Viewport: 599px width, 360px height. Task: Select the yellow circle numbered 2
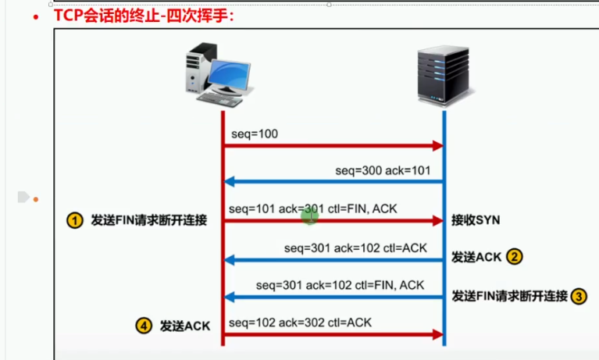(x=514, y=257)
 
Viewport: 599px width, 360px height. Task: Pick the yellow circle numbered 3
(x=579, y=296)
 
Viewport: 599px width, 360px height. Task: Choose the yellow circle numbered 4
(x=143, y=326)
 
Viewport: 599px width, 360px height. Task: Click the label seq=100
(x=255, y=134)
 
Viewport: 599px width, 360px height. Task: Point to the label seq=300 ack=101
(x=383, y=170)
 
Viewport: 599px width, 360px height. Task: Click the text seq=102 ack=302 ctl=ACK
(x=300, y=322)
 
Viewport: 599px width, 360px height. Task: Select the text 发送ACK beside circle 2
(x=476, y=257)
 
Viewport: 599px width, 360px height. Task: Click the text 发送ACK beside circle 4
(x=185, y=326)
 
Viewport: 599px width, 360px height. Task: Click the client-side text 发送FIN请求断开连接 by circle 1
(x=149, y=221)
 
